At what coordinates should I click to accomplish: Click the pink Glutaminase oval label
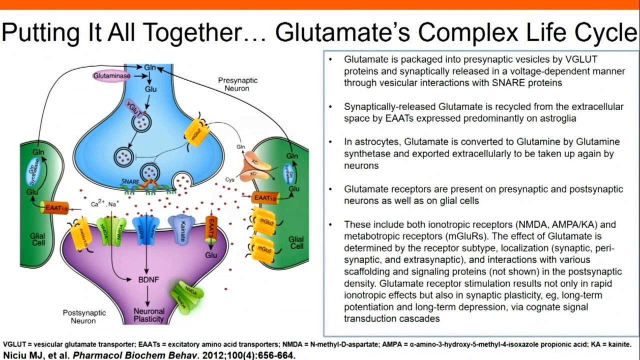click(x=111, y=76)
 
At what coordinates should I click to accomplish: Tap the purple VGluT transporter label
click(x=134, y=107)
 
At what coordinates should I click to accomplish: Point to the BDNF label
click(x=148, y=279)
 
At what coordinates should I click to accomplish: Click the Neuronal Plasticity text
click(x=148, y=315)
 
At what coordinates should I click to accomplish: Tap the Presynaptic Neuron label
click(x=237, y=84)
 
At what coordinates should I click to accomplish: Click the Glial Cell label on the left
click(x=37, y=239)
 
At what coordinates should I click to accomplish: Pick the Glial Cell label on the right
click(x=296, y=242)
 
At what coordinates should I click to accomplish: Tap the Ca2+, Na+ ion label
click(x=105, y=204)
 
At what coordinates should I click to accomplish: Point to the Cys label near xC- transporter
click(x=229, y=179)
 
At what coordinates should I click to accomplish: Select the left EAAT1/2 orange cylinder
click(x=55, y=207)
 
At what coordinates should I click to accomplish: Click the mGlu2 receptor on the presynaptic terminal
click(x=195, y=131)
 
